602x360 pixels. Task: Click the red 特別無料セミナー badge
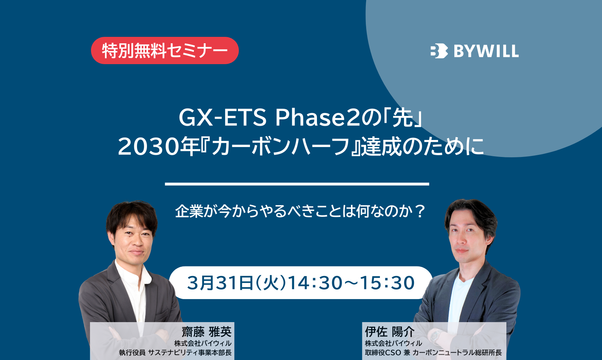tap(165, 51)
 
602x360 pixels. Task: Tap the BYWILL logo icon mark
tap(439, 51)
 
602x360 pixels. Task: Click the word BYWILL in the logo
tap(486, 51)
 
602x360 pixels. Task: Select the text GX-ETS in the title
tap(222, 118)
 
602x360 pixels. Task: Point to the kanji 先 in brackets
tap(403, 118)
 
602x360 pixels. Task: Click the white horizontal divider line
tap(297, 184)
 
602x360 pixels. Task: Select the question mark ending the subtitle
tap(420, 212)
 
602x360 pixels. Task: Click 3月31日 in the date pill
tap(220, 283)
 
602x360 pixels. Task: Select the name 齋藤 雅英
tap(206, 332)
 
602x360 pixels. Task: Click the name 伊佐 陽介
tap(390, 332)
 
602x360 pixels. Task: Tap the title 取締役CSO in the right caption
tap(383, 353)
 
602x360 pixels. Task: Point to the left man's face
tap(135, 241)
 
